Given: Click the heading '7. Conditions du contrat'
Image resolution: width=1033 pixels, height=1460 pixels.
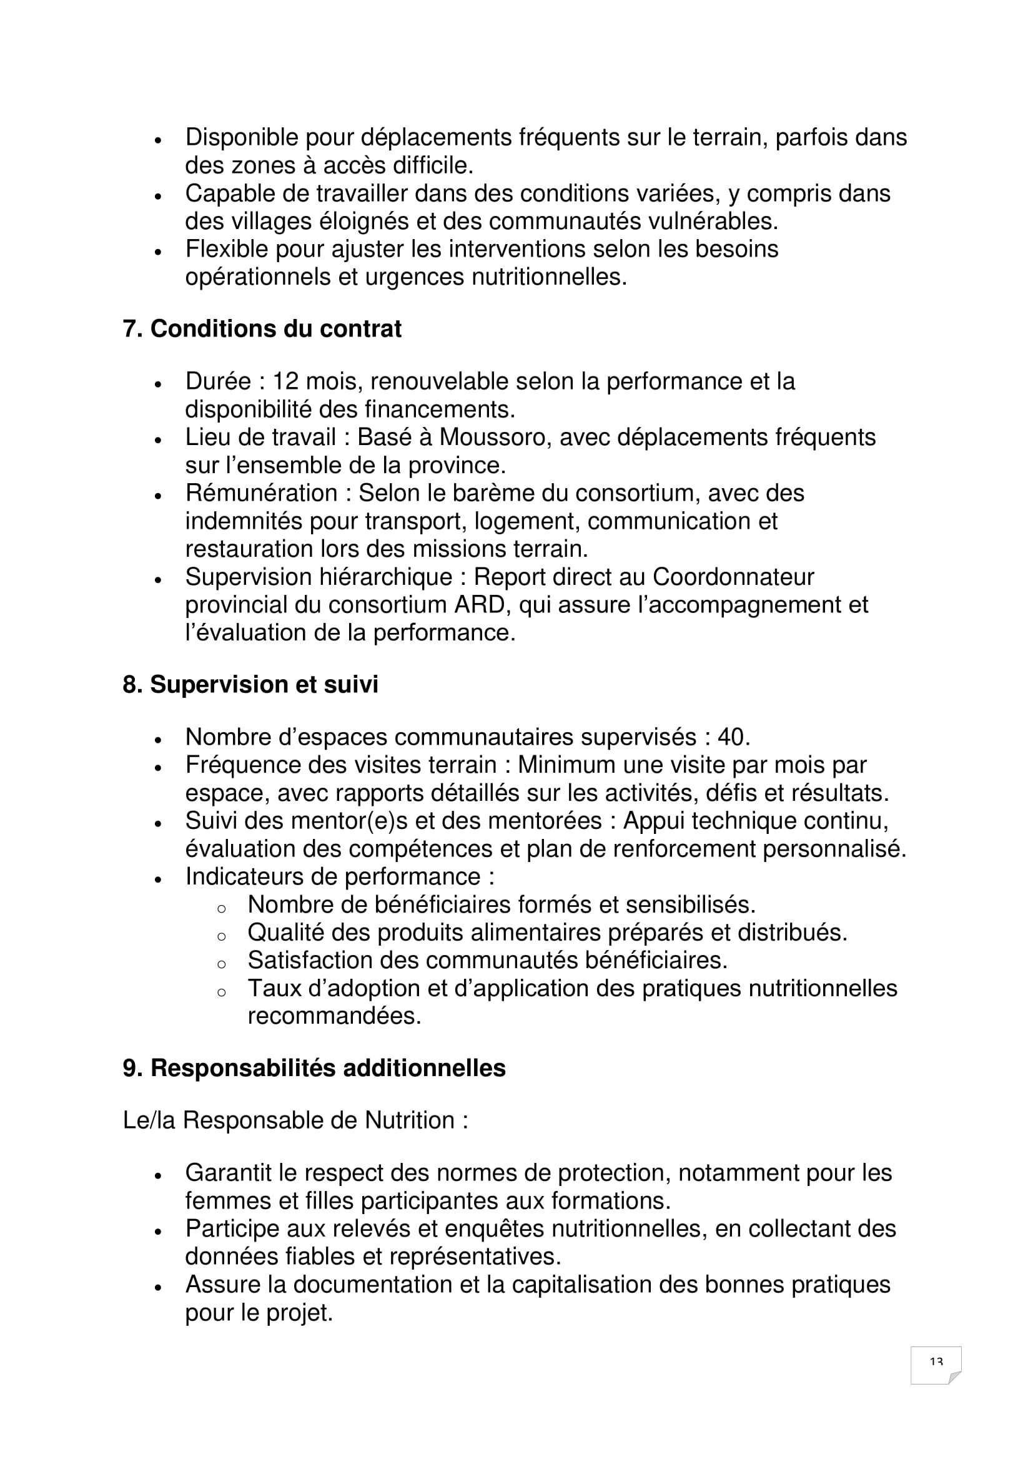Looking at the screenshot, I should click(262, 329).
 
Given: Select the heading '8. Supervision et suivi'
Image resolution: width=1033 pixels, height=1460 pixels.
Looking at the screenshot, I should click(250, 684).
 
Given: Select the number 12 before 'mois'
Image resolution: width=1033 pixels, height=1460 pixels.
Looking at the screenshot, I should click(285, 381).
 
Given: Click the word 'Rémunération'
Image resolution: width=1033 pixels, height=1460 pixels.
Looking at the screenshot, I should click(262, 493).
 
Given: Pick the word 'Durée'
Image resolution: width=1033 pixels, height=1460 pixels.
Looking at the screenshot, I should click(216, 381).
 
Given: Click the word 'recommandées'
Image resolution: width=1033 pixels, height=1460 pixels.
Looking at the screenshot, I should click(334, 1016).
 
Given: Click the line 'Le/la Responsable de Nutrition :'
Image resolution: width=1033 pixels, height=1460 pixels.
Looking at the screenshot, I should click(295, 1120).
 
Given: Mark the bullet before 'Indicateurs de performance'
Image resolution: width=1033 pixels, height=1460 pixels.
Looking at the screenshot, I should click(159, 879).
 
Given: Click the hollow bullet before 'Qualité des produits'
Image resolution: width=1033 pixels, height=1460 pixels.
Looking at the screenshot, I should click(221, 936).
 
